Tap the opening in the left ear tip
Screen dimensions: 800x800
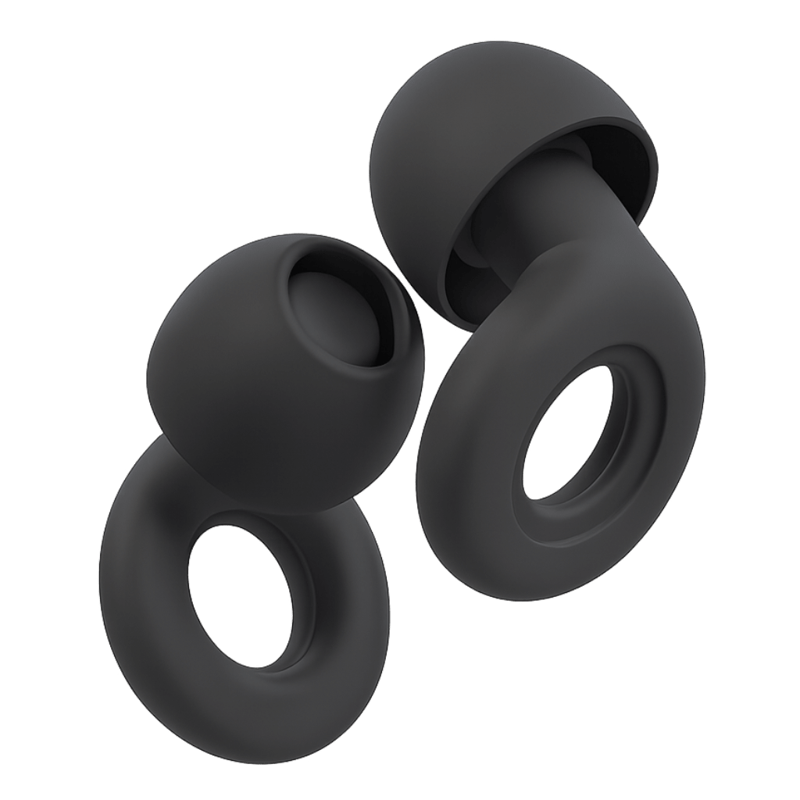(344, 312)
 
